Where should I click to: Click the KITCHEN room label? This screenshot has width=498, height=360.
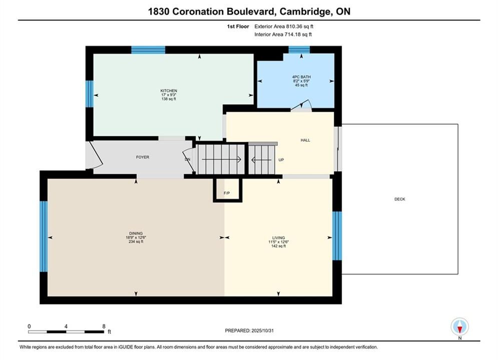pos(169,90)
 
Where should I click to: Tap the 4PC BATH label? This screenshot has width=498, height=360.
pos(301,77)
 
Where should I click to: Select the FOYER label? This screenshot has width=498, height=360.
pos(143,157)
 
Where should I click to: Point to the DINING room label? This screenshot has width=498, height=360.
pos(136,233)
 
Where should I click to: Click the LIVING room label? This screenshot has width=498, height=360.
pos(279,237)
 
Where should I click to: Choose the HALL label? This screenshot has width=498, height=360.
pos(305,140)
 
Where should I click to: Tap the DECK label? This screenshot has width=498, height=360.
pos(400,199)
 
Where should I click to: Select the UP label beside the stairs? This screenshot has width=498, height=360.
pos(281,160)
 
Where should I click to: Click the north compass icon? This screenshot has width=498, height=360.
pos(459,326)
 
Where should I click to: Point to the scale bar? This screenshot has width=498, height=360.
pos(66,332)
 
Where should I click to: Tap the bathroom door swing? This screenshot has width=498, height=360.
pos(301,105)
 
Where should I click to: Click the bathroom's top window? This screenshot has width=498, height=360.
pos(299,49)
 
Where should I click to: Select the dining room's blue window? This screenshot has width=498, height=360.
pos(44,236)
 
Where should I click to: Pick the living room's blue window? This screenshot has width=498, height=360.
pos(337,235)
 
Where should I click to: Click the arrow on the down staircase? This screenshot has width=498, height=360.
pos(221,159)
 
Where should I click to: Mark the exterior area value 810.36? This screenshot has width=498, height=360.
pos(295,26)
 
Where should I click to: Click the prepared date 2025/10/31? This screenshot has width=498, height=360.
pos(262,330)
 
